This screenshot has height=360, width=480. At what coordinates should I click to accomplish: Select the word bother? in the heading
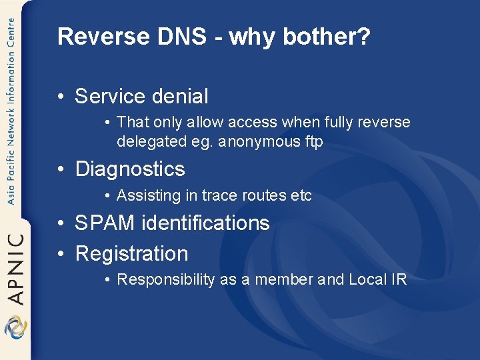coord(326,37)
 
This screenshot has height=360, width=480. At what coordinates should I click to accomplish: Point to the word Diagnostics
coord(130,169)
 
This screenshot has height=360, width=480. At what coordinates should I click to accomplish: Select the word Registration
coord(132,253)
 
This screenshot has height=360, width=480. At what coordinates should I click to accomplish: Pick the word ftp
coord(313,141)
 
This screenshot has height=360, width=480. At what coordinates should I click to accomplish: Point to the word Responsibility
coord(166,279)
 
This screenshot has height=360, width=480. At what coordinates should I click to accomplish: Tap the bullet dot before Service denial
coord(61,97)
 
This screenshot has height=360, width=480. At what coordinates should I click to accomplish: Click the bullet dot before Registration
coord(61,254)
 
